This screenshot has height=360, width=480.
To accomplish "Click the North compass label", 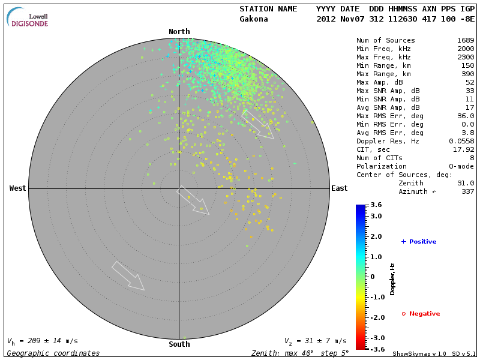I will pos(179,32).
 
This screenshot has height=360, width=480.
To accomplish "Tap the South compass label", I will pos(179,344).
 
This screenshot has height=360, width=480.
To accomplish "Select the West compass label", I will pos(17,188).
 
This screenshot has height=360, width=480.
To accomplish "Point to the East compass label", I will pos(339,188).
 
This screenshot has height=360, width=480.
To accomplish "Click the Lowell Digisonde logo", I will pos(29,18).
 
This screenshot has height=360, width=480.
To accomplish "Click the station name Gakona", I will pos(254,19).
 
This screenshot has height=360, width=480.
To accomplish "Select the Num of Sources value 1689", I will pos(465,40).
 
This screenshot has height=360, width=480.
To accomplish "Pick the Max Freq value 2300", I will pos(465,57).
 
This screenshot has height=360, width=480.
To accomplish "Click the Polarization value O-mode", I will pos(459,166).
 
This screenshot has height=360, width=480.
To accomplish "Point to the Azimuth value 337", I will pos(467,191).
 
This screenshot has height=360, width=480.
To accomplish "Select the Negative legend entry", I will pos(421,314).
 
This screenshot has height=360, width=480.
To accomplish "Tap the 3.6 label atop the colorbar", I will pos(376,205).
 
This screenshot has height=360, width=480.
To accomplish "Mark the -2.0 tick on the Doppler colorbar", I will pos(377,317).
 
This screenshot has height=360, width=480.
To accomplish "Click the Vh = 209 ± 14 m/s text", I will pos(42,341).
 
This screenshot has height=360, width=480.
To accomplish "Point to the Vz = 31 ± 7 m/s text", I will pos(315,341).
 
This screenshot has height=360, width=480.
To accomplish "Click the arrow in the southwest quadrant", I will pos(128,276).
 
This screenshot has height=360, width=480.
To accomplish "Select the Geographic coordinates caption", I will pos(53,353).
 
